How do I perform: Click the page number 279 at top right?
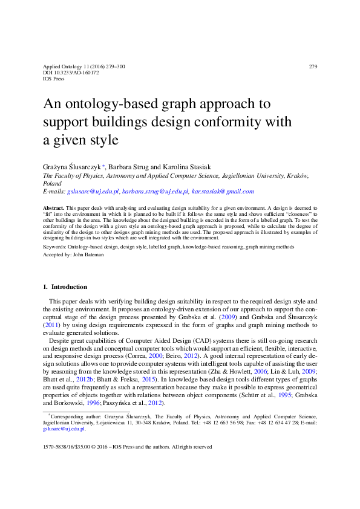pos(313,66)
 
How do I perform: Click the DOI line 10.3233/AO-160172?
pos(66,72)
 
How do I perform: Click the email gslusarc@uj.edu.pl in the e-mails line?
pos(93,191)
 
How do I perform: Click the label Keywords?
pos(56,247)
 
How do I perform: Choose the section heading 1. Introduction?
pos(65,287)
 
